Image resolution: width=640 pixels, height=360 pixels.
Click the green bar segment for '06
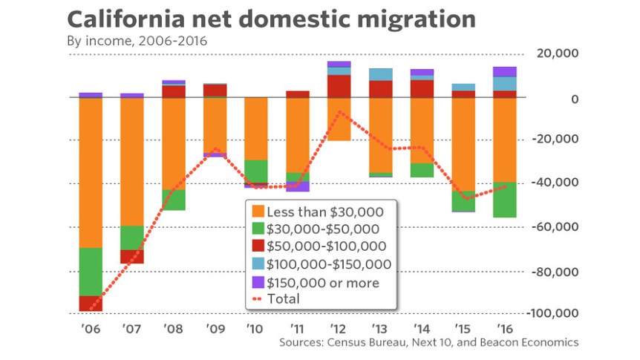(x=91, y=272)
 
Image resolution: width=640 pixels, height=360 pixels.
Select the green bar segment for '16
(x=505, y=200)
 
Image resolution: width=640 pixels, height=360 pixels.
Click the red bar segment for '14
(x=422, y=88)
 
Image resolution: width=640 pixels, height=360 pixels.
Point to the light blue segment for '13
(x=380, y=74)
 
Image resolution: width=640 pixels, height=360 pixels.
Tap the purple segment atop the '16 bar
(x=505, y=71)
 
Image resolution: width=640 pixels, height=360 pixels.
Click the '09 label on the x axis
(x=215, y=329)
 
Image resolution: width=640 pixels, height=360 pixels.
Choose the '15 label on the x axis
(x=463, y=329)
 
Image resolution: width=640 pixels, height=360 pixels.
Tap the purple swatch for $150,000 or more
(x=259, y=282)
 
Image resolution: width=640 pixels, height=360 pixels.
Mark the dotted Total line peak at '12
(x=339, y=112)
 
